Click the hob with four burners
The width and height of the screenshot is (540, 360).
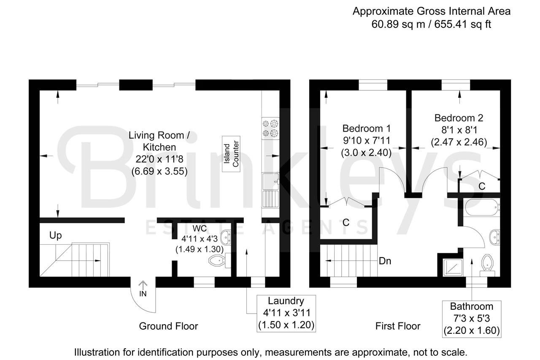[x=270, y=128]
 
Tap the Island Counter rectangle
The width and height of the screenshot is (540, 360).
[x=231, y=154]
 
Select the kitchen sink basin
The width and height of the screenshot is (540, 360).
[x=270, y=181]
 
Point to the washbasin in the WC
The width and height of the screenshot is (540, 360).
[x=226, y=237]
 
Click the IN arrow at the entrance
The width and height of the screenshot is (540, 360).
[x=143, y=285]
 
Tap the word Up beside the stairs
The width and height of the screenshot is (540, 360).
[x=55, y=235]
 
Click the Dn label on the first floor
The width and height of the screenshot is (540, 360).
[x=385, y=261]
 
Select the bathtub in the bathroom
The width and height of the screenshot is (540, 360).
[x=482, y=207]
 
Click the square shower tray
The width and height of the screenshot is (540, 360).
[x=453, y=268]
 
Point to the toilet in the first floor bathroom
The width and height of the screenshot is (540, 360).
[x=487, y=265]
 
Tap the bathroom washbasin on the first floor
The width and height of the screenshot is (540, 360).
[x=495, y=237]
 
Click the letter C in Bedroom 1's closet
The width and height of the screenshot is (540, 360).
[x=346, y=222]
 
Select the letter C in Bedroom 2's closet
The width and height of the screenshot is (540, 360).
[x=482, y=186]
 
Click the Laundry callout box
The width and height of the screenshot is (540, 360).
[x=286, y=314]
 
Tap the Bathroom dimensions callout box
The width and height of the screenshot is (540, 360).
[x=472, y=319]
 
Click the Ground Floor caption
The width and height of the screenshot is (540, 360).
[x=168, y=326]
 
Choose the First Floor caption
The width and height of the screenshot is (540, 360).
[x=398, y=326]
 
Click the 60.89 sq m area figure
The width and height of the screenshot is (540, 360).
[x=398, y=24]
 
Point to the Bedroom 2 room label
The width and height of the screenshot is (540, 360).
[x=459, y=118]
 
